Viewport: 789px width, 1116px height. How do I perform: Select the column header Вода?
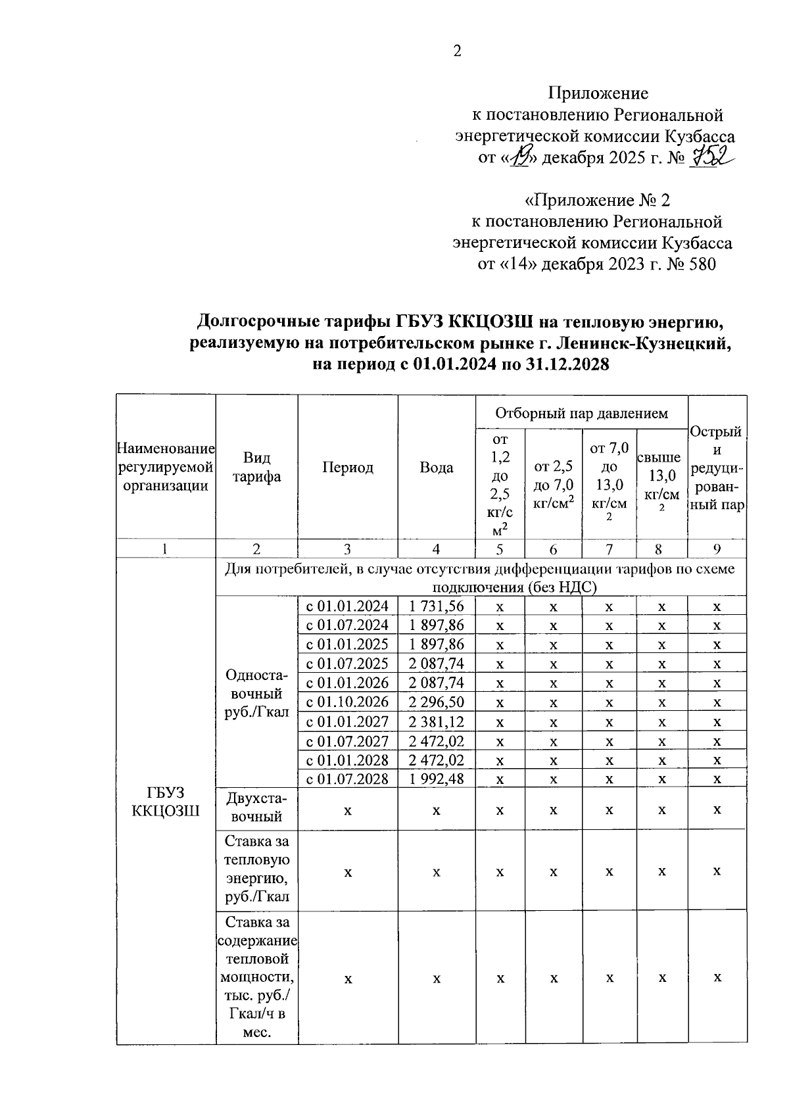437,468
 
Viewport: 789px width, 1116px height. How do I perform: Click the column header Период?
348,468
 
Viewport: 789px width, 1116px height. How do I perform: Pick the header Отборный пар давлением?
581,413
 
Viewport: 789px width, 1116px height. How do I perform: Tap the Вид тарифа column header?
256,468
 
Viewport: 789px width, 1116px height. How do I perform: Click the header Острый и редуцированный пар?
717,468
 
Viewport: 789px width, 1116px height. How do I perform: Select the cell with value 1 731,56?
437,606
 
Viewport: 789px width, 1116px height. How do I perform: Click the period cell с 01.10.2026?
348,702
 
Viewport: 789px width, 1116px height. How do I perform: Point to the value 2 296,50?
437,702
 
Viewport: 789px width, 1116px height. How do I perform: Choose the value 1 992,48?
437,779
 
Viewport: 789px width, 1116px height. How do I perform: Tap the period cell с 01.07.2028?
348,779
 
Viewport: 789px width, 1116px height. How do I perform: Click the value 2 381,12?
437,721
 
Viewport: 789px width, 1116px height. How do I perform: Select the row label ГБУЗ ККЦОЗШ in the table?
166,802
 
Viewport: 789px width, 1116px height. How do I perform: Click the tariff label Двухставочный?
256,808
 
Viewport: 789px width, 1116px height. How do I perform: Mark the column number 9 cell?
717,549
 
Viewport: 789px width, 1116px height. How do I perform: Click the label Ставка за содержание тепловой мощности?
256,977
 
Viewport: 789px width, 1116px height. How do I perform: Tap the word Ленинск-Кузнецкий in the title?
644,343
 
